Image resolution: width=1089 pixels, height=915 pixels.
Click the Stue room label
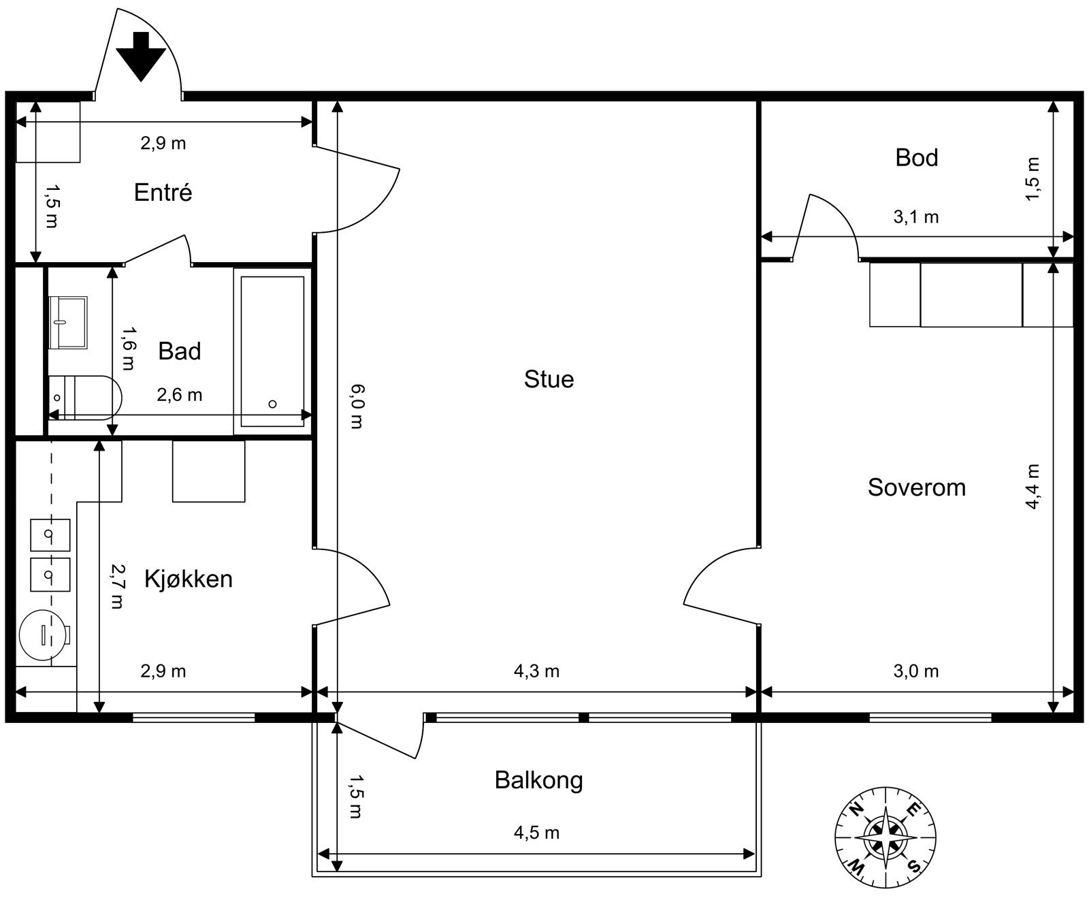tap(549, 379)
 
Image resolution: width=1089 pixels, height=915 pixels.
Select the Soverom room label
tap(916, 487)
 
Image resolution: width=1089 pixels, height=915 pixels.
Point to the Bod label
tap(916, 157)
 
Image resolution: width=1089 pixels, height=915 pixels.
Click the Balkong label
tap(538, 780)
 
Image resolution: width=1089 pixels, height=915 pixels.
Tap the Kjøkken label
tap(188, 579)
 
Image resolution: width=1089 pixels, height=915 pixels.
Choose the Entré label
tap(163, 192)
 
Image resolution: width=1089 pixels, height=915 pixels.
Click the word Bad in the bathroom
tap(179, 351)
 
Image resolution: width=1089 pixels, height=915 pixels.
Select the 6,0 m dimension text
tap(357, 406)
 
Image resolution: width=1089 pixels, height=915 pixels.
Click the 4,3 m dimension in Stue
tap(536, 671)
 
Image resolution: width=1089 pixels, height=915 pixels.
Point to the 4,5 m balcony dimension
tap(536, 833)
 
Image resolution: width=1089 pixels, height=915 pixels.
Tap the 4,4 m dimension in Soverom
tap(1033, 486)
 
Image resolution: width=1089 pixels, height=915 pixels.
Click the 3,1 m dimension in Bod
tap(915, 217)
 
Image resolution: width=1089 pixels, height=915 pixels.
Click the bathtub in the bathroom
tap(272, 351)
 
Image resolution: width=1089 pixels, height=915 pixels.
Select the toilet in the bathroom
tap(84, 397)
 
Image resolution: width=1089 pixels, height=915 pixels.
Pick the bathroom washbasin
tap(67, 322)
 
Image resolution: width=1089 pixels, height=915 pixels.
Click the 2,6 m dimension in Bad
tap(180, 395)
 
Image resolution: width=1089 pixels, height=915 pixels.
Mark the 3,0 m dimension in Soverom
tap(915, 671)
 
